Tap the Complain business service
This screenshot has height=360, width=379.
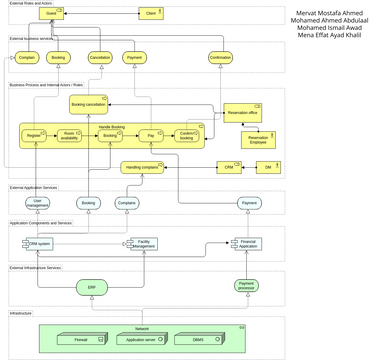point(28,59)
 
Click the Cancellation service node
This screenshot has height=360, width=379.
point(100,59)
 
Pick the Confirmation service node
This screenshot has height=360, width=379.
point(220,59)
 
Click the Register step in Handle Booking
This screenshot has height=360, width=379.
point(36,134)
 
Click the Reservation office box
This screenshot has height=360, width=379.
point(242,113)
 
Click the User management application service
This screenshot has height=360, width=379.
point(38,203)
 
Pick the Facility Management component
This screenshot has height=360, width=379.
point(145,243)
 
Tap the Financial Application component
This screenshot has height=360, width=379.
point(249,243)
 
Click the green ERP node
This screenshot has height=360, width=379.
point(91,287)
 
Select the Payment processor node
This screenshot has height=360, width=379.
point(249,287)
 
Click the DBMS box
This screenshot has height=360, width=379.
point(197,340)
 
